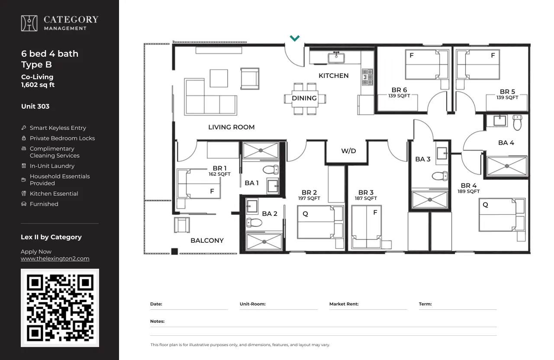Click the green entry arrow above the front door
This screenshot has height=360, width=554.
[x=295, y=38]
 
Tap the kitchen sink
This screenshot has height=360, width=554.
[x=336, y=58]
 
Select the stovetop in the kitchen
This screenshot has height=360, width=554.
[x=367, y=77]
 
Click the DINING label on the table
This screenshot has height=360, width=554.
[x=304, y=98]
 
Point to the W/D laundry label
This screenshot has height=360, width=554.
[x=348, y=151]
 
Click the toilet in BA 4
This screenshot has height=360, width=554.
[x=517, y=122]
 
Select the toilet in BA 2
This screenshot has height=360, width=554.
[x=254, y=222]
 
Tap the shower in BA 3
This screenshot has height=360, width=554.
[x=430, y=199]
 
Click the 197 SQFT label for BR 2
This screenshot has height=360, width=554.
[x=309, y=198]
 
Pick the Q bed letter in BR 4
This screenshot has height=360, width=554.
[x=485, y=205]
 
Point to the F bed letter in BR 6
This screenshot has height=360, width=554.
[x=412, y=55]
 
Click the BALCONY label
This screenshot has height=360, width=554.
[x=207, y=241]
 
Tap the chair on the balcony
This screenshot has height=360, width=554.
[x=182, y=225]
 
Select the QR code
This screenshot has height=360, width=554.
[x=60, y=308]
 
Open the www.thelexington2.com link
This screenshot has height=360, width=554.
[x=55, y=259]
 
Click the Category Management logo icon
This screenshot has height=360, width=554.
[x=29, y=23]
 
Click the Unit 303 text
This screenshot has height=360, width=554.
[x=35, y=106]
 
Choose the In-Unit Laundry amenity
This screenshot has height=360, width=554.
[x=52, y=166]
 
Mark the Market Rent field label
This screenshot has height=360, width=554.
[x=344, y=304]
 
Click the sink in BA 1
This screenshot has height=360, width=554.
[x=273, y=186]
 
